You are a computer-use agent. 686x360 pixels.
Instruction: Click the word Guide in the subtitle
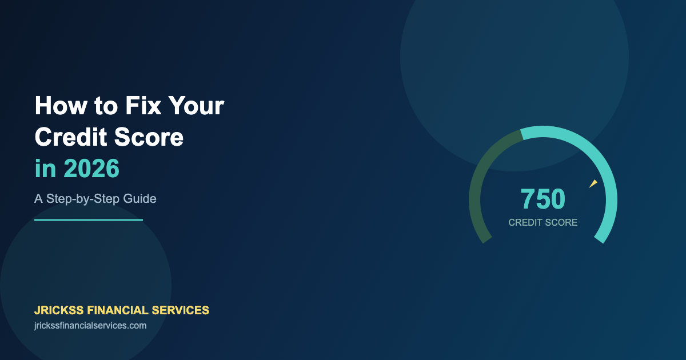[141, 199]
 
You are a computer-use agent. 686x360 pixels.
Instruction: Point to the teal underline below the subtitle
[89, 219]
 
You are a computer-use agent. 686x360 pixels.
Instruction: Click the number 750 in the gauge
[543, 199]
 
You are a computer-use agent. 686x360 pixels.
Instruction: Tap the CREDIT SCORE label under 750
[543, 222]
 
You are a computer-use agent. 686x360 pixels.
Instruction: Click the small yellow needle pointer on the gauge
[593, 183]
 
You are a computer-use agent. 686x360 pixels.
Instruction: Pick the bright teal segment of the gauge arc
[595, 154]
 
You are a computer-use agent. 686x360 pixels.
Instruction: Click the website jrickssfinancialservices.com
[90, 326]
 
